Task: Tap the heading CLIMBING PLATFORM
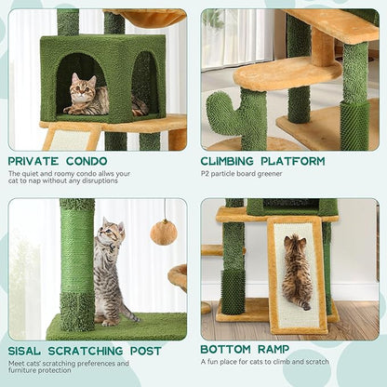[x=263, y=162]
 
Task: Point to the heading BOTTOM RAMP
[x=244, y=352]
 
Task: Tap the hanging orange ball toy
[x=164, y=233]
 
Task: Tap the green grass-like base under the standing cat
[x=130, y=326]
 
